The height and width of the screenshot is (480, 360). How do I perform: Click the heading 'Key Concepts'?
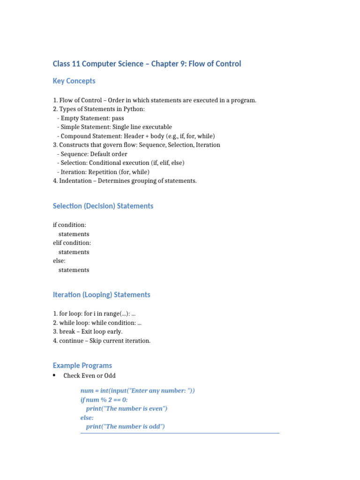[74, 81]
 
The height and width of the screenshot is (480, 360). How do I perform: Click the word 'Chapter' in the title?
[163, 64]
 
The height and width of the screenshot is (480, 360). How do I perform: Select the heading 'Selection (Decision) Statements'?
[103, 206]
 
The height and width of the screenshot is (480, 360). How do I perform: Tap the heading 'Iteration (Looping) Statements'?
[102, 295]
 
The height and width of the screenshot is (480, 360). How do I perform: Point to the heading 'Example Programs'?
[82, 366]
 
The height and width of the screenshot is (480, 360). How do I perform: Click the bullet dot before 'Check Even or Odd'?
[54, 375]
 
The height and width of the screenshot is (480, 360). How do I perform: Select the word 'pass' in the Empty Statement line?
[118, 119]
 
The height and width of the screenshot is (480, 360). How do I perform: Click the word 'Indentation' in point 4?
[76, 181]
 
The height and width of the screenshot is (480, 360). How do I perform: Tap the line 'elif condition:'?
[72, 243]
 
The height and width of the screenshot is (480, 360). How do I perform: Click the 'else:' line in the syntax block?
[60, 261]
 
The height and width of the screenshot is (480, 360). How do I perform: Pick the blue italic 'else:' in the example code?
[87, 418]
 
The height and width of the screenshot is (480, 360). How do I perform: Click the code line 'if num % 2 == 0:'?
[104, 400]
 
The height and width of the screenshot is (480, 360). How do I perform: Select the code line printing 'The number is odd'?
[125, 427]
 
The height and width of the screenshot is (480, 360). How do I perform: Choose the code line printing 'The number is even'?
[127, 409]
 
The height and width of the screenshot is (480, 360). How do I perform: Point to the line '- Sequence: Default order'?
[92, 154]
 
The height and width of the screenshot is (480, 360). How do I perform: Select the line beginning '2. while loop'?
[97, 323]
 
